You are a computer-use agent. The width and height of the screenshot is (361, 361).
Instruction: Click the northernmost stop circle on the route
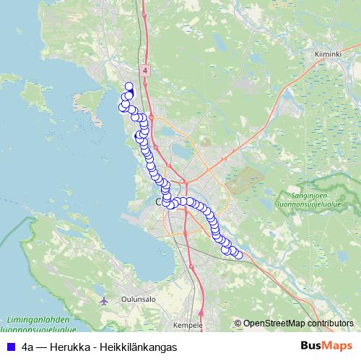(129, 87)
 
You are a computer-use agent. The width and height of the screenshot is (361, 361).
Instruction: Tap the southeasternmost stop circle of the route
(238, 254)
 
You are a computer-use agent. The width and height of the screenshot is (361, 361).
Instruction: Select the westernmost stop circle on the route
(122, 108)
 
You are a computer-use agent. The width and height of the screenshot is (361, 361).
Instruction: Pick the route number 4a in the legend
(28, 347)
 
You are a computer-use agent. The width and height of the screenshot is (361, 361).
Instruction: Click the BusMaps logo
(324, 346)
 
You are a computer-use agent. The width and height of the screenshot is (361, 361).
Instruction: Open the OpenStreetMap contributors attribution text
(297, 323)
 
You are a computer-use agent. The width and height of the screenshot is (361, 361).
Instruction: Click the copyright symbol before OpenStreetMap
(238, 323)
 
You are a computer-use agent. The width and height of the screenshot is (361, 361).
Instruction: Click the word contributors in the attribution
(329, 323)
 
